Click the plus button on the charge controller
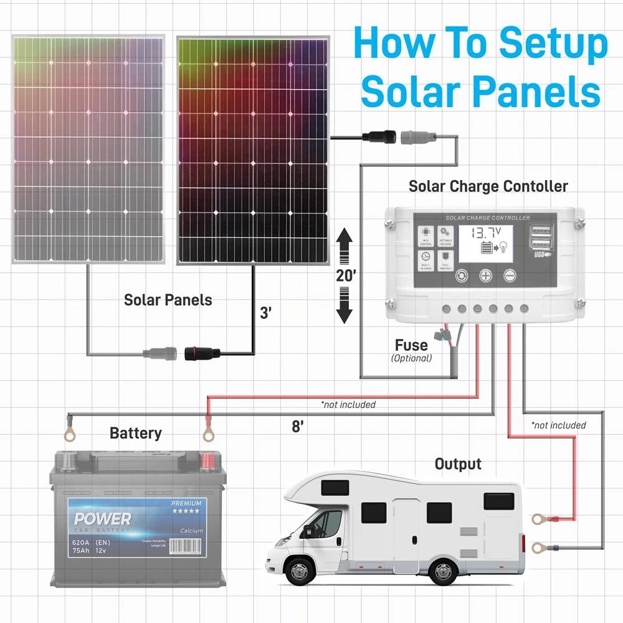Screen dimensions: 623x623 coord(485,275)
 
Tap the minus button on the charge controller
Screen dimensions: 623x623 coord(510,275)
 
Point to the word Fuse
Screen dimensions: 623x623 coord(411,345)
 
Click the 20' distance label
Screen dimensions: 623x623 coord(346,276)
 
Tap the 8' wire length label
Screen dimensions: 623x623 coord(298,427)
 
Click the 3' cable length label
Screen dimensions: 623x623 coord(266,313)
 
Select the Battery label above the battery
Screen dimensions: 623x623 coord(135,433)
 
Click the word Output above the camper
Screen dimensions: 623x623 coord(458,464)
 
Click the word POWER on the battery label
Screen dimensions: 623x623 coord(103,519)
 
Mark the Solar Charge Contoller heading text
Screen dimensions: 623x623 coord(488,186)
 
